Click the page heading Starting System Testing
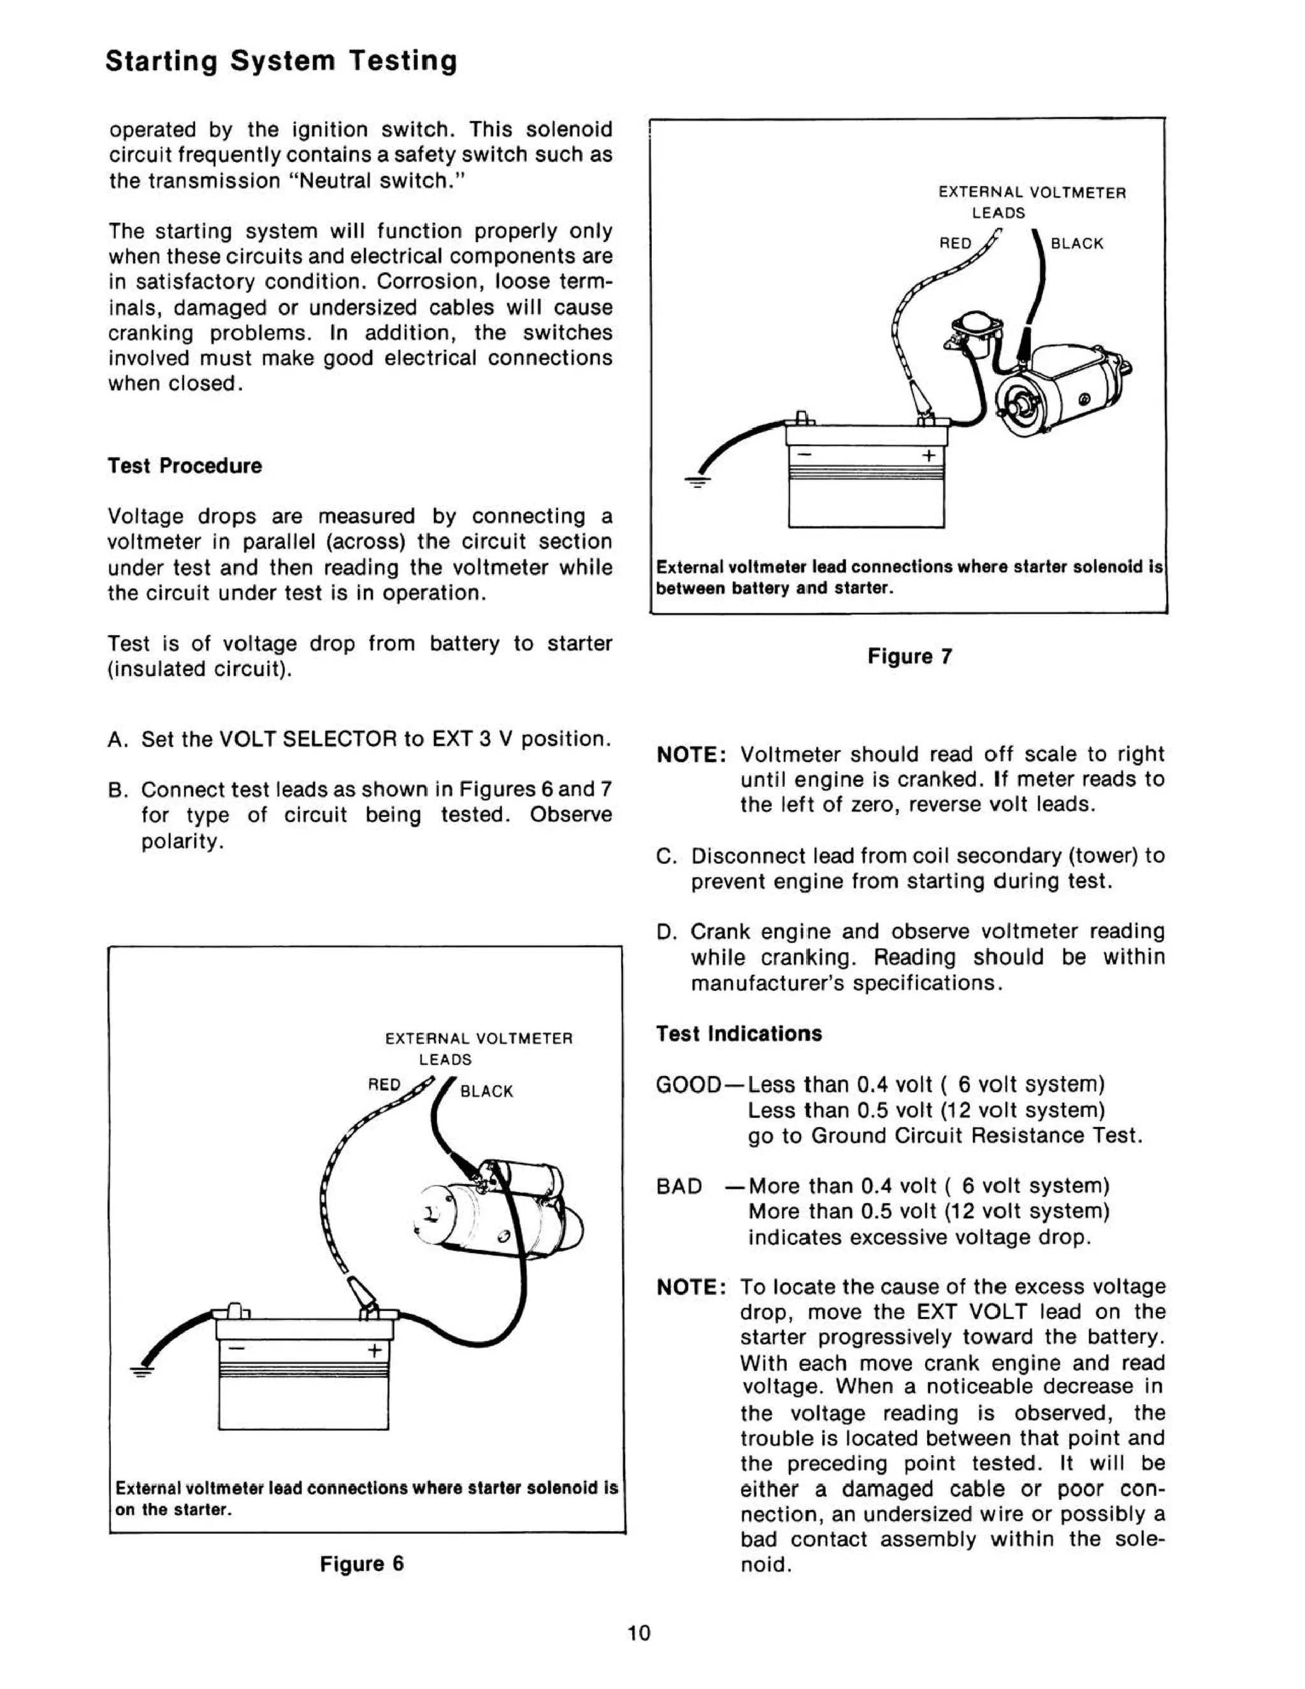(x=281, y=61)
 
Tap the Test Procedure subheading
(x=185, y=466)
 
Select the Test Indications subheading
(x=739, y=1033)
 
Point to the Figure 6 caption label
(x=361, y=1563)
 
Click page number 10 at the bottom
(x=639, y=1632)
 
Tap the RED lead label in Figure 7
(x=955, y=243)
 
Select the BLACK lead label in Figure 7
(x=1077, y=243)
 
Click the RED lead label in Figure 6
(x=384, y=1085)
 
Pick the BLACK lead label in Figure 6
(x=487, y=1091)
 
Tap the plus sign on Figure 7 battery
(x=928, y=456)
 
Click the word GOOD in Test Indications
(x=688, y=1084)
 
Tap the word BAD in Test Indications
(x=679, y=1186)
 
